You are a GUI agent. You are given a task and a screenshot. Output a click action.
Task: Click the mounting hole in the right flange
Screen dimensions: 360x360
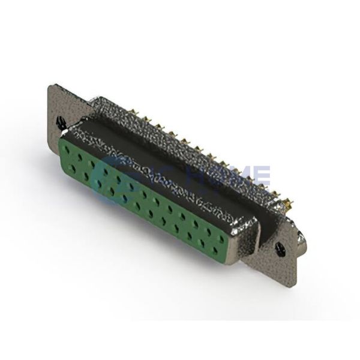coord(280,247)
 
